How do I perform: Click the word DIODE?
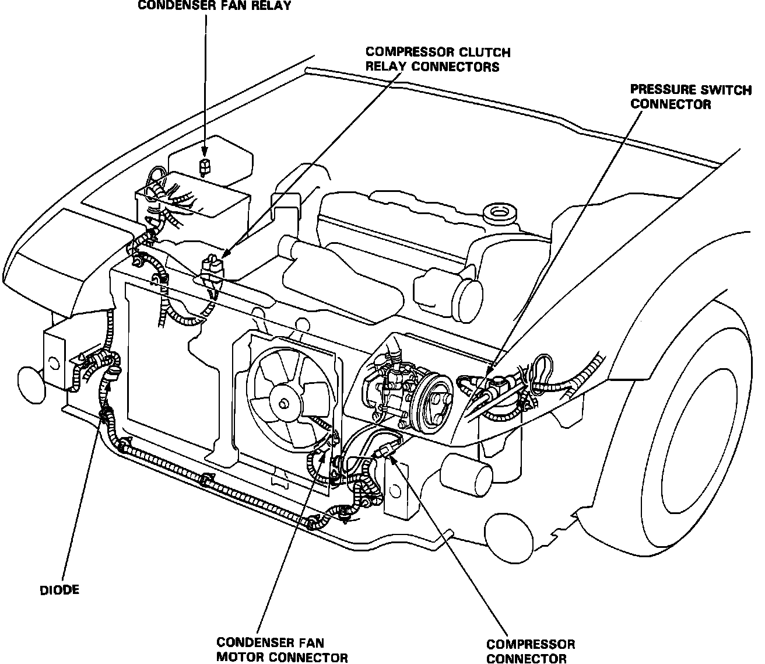[x=59, y=590]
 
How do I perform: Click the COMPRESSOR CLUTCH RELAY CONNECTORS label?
[x=437, y=60]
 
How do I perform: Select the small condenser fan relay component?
[x=205, y=166]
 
